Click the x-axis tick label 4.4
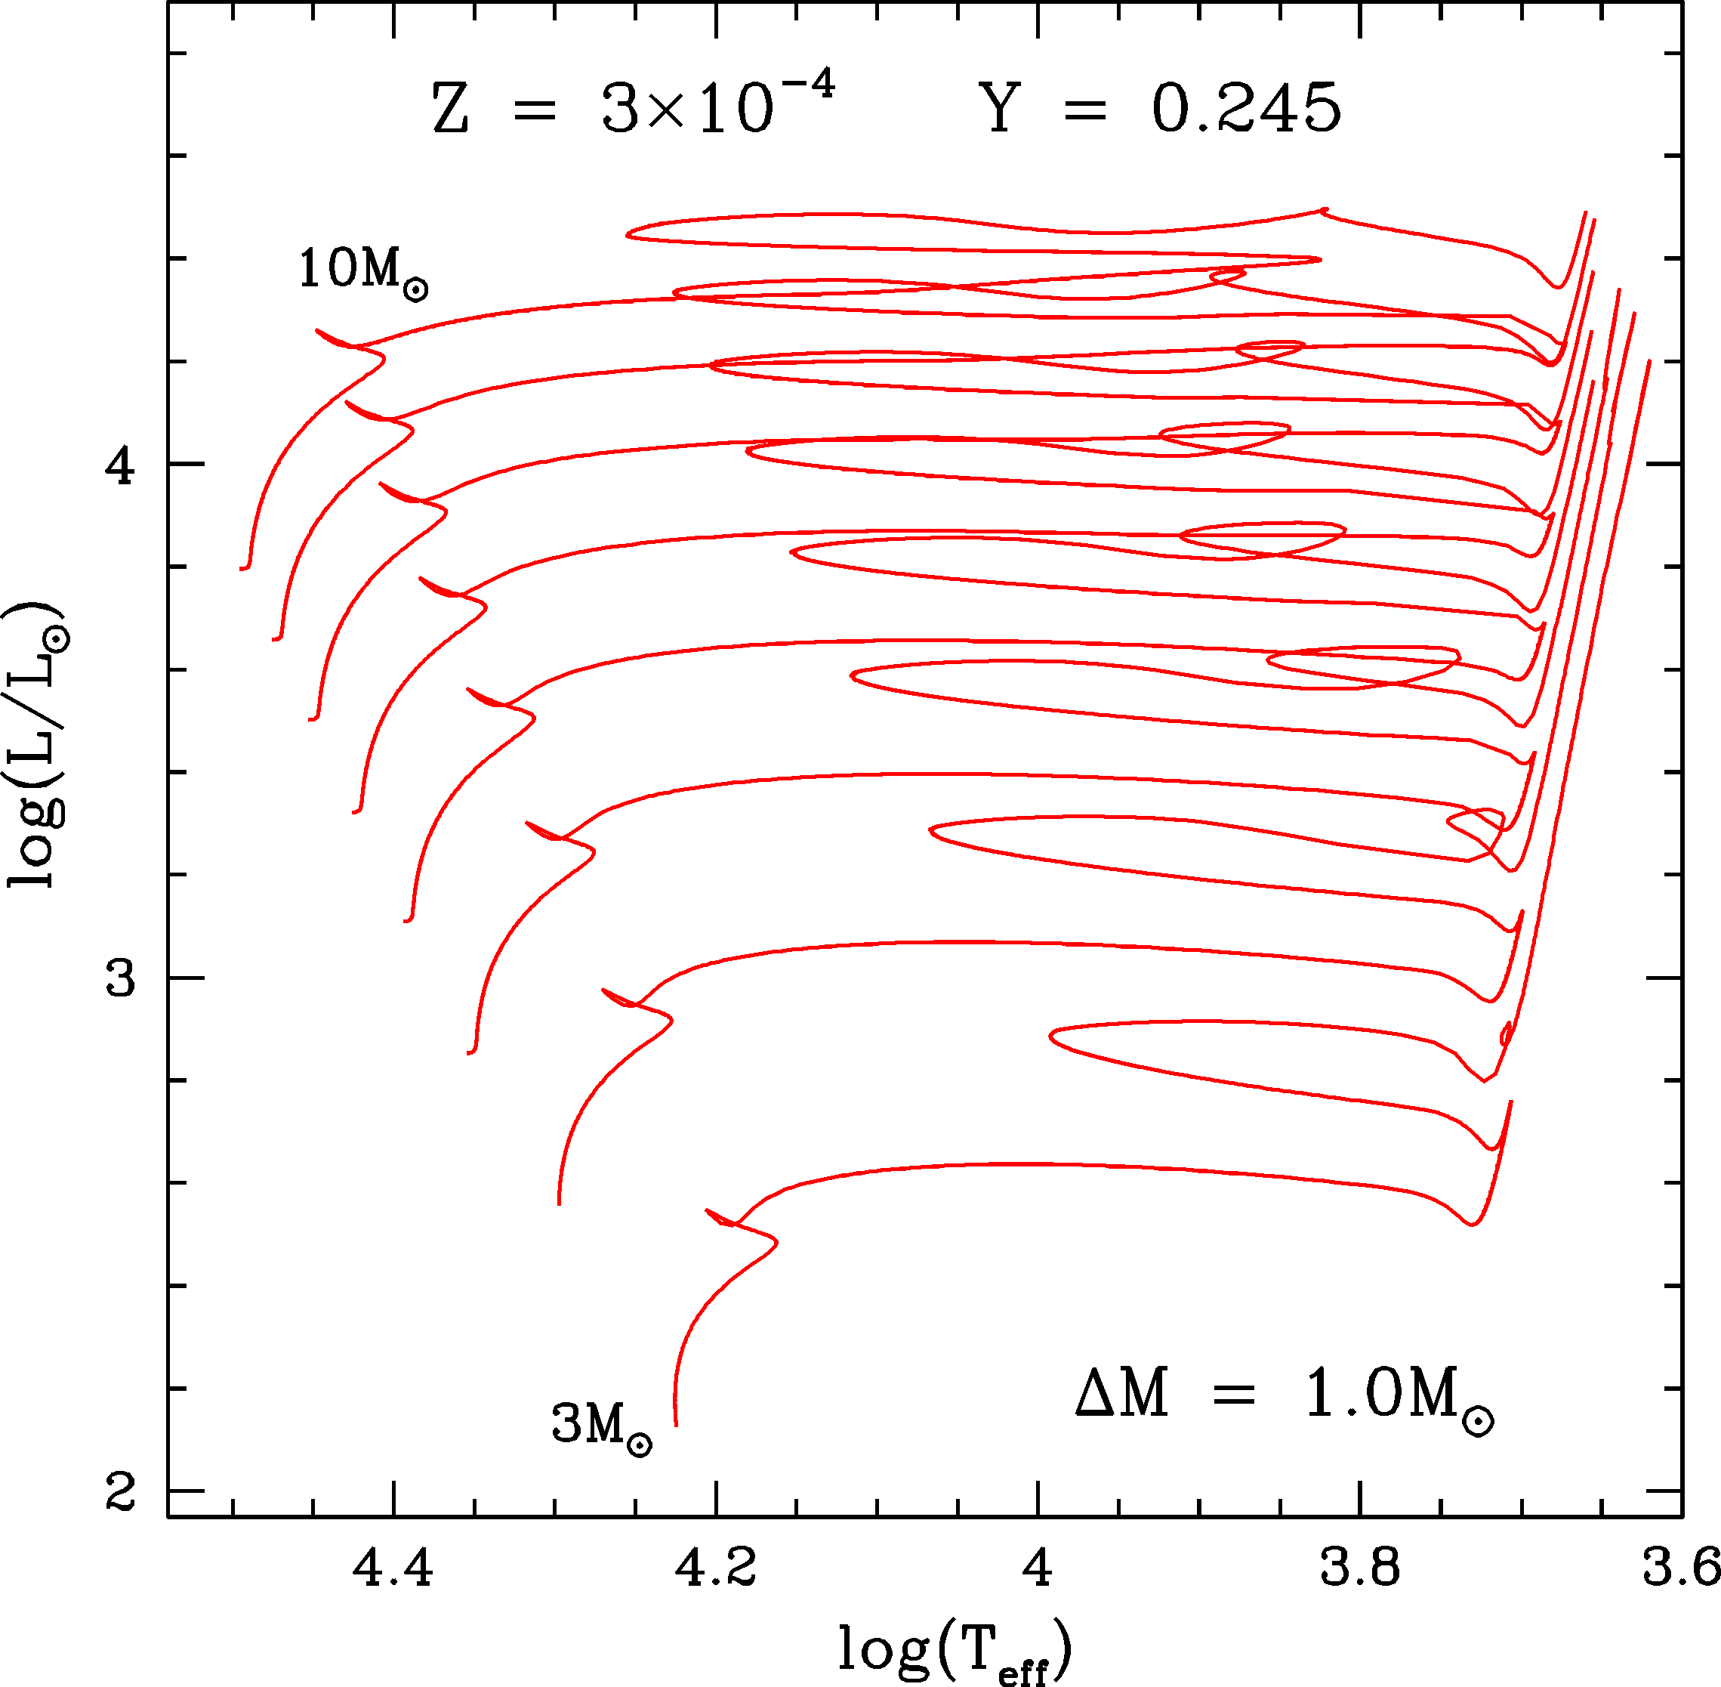(393, 1568)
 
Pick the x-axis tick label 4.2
(716, 1568)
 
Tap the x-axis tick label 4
(1037, 1568)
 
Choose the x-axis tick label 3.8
(1359, 1568)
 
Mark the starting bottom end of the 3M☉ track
(676, 1424)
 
